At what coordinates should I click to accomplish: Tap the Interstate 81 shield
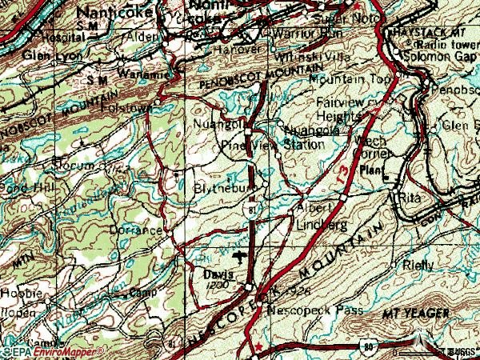[253, 210]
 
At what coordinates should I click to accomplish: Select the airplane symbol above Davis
[241, 257]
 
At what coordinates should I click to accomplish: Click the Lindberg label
[321, 227]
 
